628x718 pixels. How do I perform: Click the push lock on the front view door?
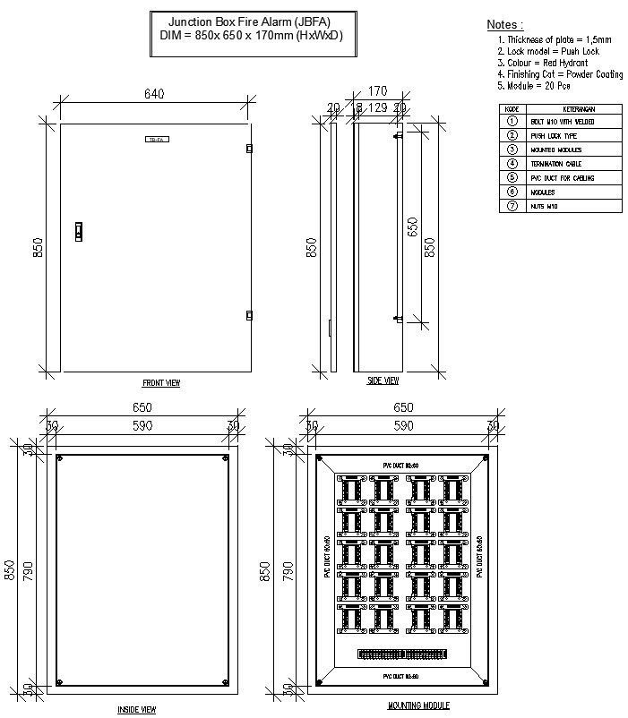click(x=78, y=232)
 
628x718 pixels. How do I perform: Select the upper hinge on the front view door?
click(x=249, y=149)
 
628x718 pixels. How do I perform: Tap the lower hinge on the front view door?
click(x=249, y=314)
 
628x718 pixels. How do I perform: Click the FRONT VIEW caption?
click(x=161, y=383)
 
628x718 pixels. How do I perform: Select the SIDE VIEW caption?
click(x=383, y=380)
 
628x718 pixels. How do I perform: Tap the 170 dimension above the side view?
click(x=377, y=91)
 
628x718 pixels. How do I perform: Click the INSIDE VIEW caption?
click(x=137, y=709)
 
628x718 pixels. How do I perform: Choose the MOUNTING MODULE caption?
click(x=412, y=706)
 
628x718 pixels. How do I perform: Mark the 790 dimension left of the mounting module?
click(x=287, y=572)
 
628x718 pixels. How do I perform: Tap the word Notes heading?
click(x=504, y=25)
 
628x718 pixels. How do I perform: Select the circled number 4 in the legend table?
click(x=512, y=164)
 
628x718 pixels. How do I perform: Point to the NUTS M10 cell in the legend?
click(x=544, y=207)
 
